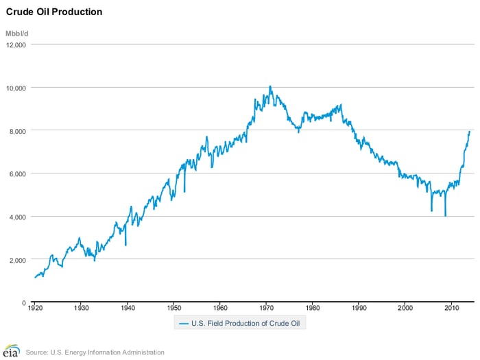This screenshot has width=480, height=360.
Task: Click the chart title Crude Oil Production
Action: [x=54, y=12]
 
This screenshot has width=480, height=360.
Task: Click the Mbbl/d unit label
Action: [x=17, y=32]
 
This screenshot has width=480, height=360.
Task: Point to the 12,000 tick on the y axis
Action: [x=15, y=45]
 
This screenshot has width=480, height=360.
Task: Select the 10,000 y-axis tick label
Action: [x=15, y=88]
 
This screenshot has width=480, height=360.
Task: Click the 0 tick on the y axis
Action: [x=23, y=302]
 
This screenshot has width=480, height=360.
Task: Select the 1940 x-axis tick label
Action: [x=127, y=310]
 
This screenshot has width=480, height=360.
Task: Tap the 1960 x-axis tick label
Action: [x=219, y=310]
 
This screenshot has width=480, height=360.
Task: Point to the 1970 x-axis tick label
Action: [x=266, y=310]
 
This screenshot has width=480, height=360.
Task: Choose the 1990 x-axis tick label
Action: [x=359, y=310]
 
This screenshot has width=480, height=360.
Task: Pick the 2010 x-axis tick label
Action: [x=451, y=310]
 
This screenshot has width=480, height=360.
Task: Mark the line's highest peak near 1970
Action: [x=270, y=86]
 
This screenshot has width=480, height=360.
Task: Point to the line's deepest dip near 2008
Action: [x=446, y=216]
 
